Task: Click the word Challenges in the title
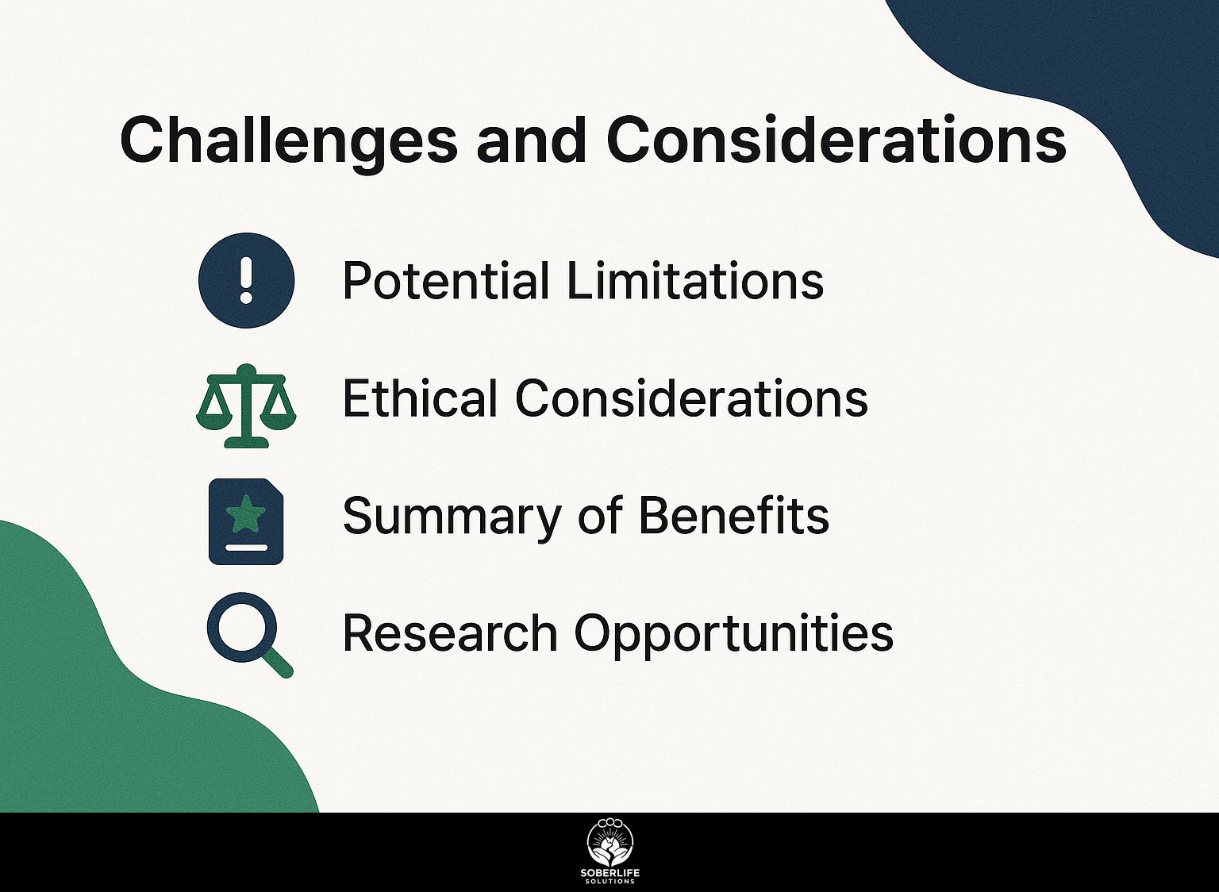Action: [x=288, y=140]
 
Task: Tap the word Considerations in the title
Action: [x=836, y=140]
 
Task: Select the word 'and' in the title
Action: [x=531, y=140]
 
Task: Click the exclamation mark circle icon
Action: [x=246, y=280]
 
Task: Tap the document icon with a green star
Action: [x=246, y=521]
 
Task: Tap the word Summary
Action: [x=452, y=517]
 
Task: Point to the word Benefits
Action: [x=733, y=515]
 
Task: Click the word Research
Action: [x=450, y=632]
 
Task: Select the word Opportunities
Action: [x=733, y=634]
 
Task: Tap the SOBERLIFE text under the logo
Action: [x=609, y=873]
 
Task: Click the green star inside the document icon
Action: [x=246, y=513]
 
